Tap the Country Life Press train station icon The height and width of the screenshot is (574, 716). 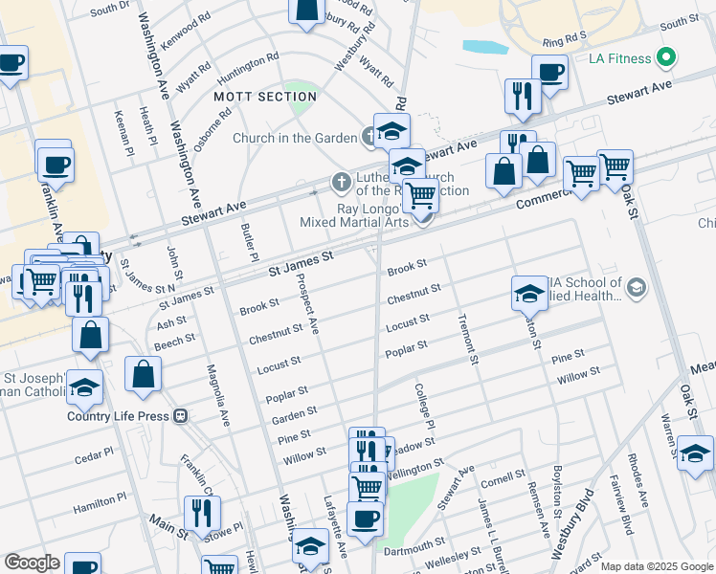click(x=179, y=416)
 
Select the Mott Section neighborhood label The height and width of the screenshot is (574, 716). click(x=252, y=97)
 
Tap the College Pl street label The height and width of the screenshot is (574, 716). click(x=423, y=407)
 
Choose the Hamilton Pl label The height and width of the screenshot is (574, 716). click(x=101, y=501)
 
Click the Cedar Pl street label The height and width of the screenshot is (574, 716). click(x=94, y=455)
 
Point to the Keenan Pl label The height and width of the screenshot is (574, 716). click(x=123, y=132)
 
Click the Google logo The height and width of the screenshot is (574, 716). click(x=32, y=563)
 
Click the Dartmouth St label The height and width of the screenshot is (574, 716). click(x=412, y=551)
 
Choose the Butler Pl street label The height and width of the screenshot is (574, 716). click(x=249, y=244)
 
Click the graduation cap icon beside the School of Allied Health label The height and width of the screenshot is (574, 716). click(x=529, y=294)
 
